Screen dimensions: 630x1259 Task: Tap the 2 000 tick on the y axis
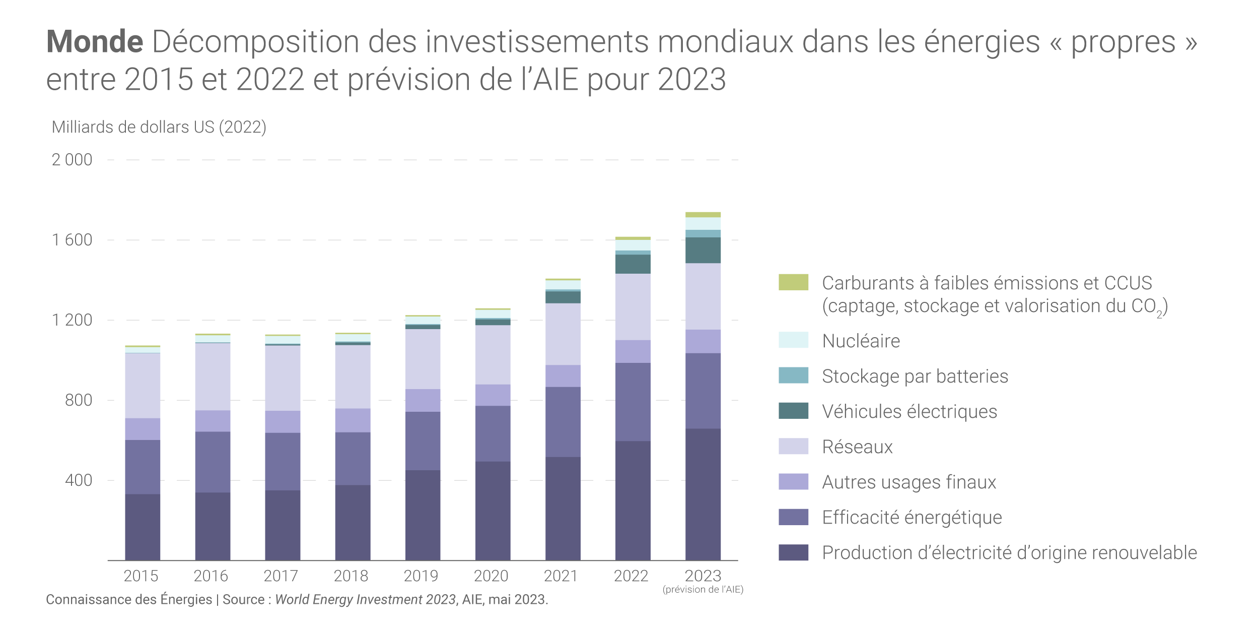72,160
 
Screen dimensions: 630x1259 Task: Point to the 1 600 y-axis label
72,240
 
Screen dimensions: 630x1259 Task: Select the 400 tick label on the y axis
79,480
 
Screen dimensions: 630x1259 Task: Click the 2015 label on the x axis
141,576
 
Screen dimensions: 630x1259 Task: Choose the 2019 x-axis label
421,576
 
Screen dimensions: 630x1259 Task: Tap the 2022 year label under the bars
631,576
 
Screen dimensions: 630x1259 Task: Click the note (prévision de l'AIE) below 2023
703,590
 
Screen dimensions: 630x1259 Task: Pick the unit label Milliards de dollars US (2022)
159,127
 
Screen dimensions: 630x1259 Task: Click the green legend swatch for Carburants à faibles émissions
793,282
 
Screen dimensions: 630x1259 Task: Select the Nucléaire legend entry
861,341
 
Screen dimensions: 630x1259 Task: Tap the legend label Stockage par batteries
915,376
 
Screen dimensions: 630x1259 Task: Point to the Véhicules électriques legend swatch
793,411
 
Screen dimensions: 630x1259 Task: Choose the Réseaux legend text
857,447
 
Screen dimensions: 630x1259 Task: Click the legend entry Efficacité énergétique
912,518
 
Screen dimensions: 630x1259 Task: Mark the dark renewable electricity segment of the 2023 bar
703,494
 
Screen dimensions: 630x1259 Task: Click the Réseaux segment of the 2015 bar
143,386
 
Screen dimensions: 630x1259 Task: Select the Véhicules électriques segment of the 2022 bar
633,264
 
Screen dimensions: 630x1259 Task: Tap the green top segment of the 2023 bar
703,215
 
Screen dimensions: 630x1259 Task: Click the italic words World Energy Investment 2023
365,600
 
